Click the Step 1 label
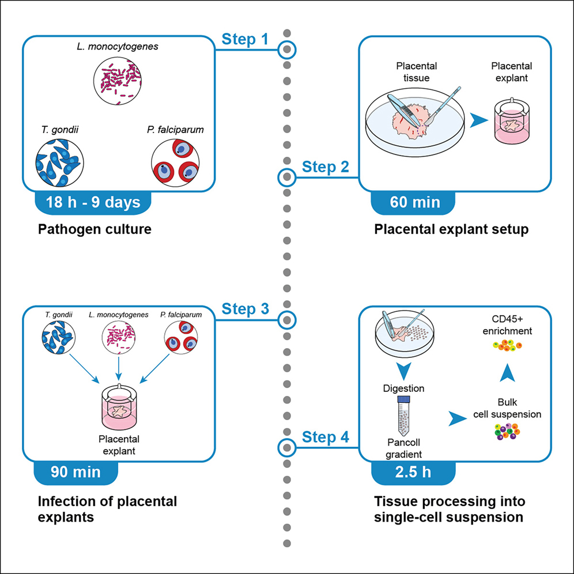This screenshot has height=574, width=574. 245,39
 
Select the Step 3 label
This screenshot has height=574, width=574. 245,309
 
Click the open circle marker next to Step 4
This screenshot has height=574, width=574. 286,447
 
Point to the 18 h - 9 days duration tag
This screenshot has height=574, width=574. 93,202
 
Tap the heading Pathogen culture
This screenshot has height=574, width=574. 95,229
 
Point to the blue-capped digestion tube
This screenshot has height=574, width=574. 404,417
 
